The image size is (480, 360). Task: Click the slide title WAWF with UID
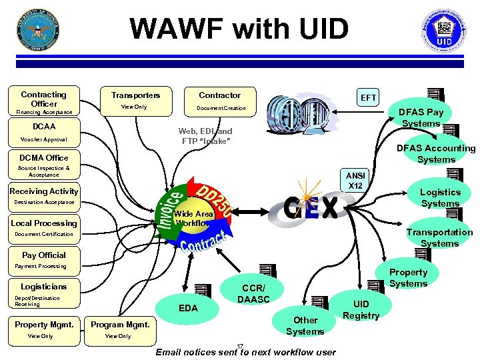(x=239, y=29)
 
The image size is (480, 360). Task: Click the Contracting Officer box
(x=44, y=99)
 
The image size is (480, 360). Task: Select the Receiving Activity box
(x=44, y=191)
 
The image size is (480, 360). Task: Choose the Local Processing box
(x=44, y=223)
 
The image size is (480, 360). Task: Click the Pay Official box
(x=44, y=255)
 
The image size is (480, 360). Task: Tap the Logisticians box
(x=44, y=287)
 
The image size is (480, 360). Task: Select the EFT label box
(x=369, y=98)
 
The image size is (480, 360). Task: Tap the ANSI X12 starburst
(x=355, y=180)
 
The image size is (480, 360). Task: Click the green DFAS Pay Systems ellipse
(x=421, y=118)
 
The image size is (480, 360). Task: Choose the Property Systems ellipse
(x=408, y=277)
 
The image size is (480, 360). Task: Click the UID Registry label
(x=361, y=310)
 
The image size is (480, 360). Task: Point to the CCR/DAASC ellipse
(x=253, y=294)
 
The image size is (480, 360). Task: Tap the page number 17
(x=241, y=345)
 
